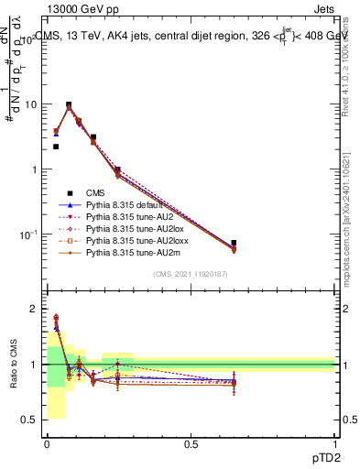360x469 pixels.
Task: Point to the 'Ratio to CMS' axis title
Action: (14, 365)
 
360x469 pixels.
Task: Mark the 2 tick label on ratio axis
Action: (34, 309)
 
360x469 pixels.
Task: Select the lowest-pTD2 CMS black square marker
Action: (56, 147)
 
